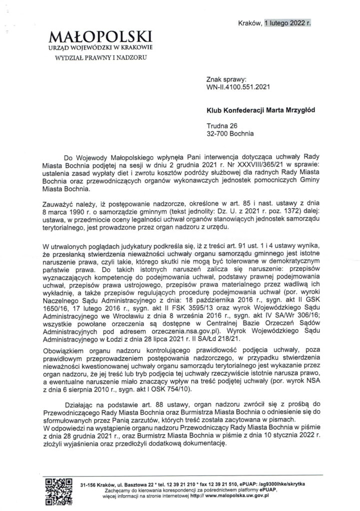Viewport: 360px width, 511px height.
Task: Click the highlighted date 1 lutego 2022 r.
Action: tap(288, 22)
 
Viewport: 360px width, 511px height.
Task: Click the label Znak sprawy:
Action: tap(226, 79)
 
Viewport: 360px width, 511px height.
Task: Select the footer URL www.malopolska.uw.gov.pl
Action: tap(238, 497)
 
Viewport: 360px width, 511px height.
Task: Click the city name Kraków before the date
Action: tap(250, 22)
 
